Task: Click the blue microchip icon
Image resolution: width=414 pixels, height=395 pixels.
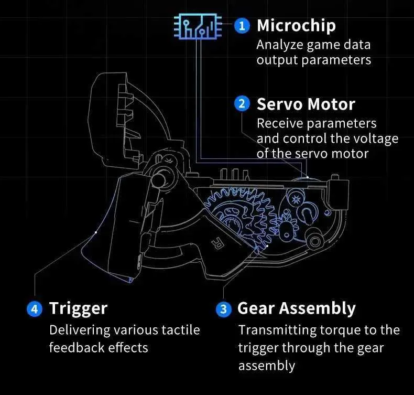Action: pyautogui.click(x=198, y=26)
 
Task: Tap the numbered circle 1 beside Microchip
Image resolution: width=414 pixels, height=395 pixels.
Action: pyautogui.click(x=242, y=26)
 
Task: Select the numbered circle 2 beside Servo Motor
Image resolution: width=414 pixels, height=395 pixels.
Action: pyautogui.click(x=242, y=104)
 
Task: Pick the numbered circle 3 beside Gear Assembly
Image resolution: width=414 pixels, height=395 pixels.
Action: pyautogui.click(x=224, y=309)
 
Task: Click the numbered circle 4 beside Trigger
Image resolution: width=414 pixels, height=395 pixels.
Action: pyautogui.click(x=35, y=308)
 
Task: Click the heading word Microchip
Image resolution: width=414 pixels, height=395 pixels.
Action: pyautogui.click(x=296, y=26)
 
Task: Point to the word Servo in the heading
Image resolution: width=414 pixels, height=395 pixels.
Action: pyautogui.click(x=279, y=104)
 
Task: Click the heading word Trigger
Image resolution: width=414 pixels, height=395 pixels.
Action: pyautogui.click(x=79, y=308)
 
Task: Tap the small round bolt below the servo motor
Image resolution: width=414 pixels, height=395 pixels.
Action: pyautogui.click(x=315, y=241)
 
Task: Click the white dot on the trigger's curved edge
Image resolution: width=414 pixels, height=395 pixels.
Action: pyautogui.click(x=96, y=232)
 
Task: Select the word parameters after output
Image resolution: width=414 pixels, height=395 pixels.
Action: pyautogui.click(x=336, y=60)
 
